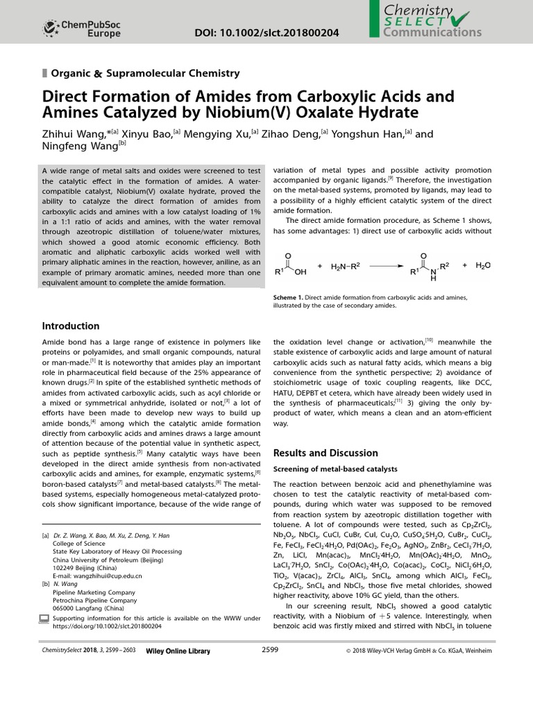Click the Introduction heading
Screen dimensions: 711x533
[x=71, y=326]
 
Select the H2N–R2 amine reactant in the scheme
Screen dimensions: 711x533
[x=347, y=265]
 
